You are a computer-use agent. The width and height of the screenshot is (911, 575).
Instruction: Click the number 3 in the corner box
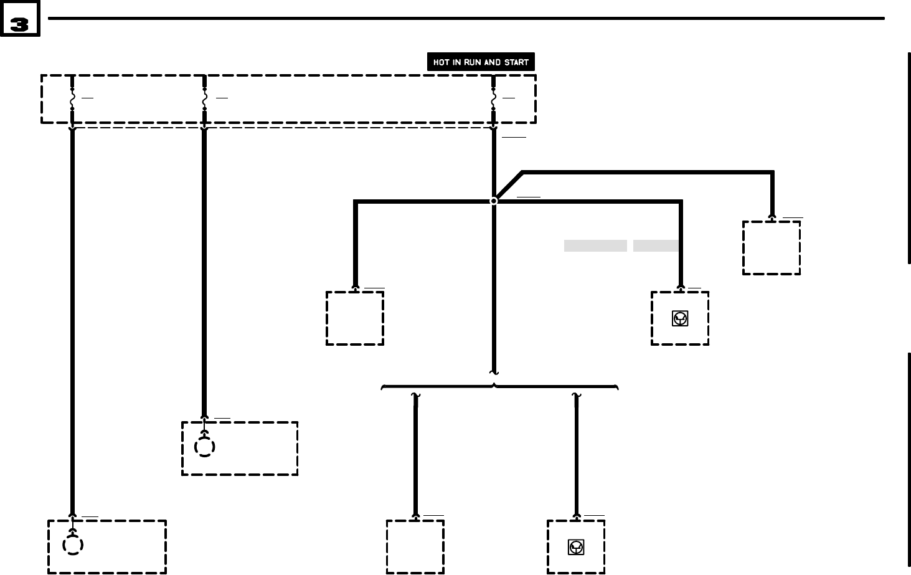(x=20, y=24)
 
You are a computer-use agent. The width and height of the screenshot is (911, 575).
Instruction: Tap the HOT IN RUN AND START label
(x=481, y=62)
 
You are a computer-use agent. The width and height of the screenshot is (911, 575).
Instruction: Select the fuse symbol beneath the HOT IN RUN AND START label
(x=493, y=99)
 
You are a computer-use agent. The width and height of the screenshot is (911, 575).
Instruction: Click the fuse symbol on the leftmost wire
(x=72, y=99)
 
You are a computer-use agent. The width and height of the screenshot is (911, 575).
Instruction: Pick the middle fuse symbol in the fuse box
(x=204, y=99)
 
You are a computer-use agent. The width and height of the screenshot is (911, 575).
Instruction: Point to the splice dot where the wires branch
(x=494, y=201)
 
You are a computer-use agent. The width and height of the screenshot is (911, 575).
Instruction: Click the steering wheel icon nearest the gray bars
(x=680, y=318)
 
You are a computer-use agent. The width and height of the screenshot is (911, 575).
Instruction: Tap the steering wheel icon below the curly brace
(x=576, y=547)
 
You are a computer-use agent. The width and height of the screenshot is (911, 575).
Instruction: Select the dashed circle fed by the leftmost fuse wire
(x=73, y=545)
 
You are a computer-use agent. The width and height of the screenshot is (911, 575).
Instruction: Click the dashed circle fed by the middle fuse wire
(x=205, y=447)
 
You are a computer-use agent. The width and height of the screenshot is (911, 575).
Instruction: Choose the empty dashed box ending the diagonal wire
(x=772, y=248)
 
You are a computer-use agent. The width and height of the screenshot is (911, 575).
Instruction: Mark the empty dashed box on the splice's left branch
(x=355, y=318)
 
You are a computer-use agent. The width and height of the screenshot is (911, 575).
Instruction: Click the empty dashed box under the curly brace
(x=415, y=547)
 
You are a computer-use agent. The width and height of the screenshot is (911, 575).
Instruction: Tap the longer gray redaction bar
(x=595, y=245)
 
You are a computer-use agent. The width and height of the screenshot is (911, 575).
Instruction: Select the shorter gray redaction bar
(x=656, y=245)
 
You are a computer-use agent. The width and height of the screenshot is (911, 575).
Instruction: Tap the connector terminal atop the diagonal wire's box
(x=772, y=218)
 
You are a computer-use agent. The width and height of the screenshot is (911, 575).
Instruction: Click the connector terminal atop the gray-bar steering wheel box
(x=681, y=288)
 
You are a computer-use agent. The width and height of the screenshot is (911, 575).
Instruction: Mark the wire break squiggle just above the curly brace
(x=494, y=373)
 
